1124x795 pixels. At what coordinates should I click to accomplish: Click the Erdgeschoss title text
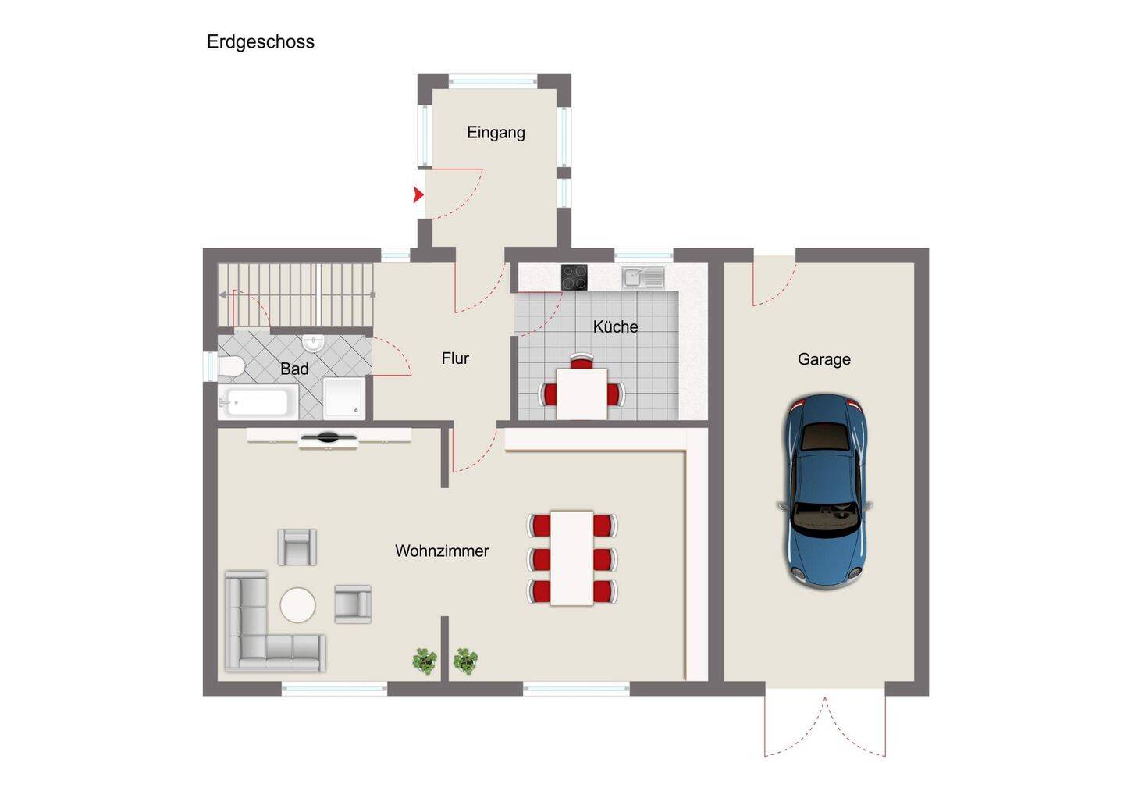point(261,42)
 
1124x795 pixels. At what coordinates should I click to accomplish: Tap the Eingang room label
point(496,133)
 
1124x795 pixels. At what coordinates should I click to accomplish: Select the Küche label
point(615,326)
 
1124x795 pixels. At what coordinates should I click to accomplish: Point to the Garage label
point(824,359)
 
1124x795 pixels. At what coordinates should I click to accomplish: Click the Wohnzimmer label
point(442,551)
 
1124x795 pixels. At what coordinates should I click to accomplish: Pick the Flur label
point(455,358)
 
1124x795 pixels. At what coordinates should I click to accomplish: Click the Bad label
point(294,369)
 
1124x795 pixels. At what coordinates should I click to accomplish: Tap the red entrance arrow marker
point(418,194)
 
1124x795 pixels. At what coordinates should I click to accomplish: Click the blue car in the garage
point(825,491)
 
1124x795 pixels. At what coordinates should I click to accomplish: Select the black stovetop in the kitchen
point(574,277)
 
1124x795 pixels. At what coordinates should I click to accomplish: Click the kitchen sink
point(643,277)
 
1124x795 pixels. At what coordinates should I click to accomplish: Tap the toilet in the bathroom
point(231,365)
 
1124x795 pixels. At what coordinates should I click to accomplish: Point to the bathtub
point(258,401)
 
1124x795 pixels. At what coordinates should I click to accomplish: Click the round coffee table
point(297,605)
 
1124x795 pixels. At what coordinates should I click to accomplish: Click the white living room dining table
point(572,558)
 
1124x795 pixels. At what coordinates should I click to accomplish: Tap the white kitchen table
point(582,394)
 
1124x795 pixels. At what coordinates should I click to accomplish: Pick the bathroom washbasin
point(314,343)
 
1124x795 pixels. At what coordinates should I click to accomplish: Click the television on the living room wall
point(328,438)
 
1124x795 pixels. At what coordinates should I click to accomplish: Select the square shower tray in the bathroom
point(344,398)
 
